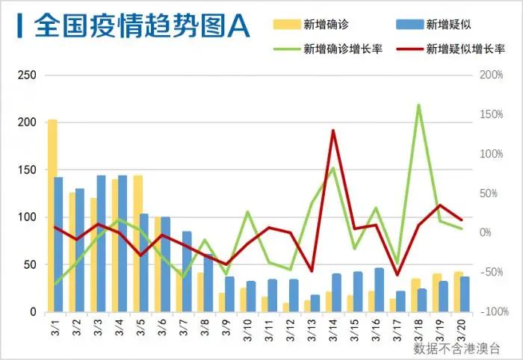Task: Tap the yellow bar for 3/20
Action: tap(458, 292)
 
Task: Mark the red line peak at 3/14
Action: tap(332, 131)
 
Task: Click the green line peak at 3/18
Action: tap(418, 105)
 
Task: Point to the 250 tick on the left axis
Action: tap(27, 75)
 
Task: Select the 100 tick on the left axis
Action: tap(27, 217)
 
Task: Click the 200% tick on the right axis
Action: tap(491, 75)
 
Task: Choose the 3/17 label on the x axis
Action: tap(397, 328)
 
